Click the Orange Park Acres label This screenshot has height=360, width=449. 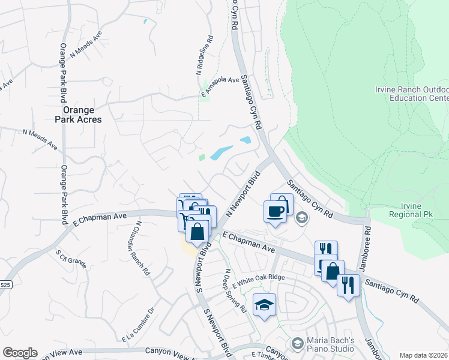coord(82,115)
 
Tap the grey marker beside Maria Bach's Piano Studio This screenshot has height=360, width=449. coord(297,344)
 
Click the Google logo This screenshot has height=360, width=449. coord(20,353)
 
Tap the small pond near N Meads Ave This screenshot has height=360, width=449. coord(145,22)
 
